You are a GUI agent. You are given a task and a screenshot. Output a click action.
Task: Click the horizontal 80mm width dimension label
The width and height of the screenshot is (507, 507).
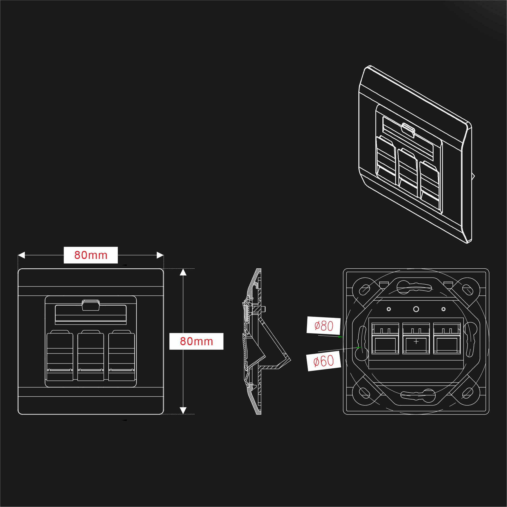coord(91,255)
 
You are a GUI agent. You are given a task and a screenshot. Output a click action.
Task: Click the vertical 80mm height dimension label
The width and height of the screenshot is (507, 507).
coord(196,341)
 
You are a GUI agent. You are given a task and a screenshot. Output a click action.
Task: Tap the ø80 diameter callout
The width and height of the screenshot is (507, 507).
coord(323,326)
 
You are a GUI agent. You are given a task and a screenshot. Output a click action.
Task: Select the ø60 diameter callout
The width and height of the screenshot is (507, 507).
coord(323,361)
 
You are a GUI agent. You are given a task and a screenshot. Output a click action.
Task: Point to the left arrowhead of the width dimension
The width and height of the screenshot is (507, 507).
coord(21,255)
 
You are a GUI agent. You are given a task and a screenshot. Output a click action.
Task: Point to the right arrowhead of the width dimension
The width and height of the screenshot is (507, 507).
coord(160,255)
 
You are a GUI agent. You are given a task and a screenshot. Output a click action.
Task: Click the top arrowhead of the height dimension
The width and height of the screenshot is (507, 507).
coord(183,272)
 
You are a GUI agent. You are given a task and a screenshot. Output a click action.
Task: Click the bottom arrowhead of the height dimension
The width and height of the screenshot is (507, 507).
coord(183,411)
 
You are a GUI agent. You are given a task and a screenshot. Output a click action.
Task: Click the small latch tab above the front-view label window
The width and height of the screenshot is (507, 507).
coord(91,305)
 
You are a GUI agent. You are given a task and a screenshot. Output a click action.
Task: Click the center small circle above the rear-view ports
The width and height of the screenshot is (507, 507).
coord(416,309)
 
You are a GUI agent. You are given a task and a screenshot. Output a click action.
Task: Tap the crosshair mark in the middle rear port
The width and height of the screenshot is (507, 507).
coord(416,342)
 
